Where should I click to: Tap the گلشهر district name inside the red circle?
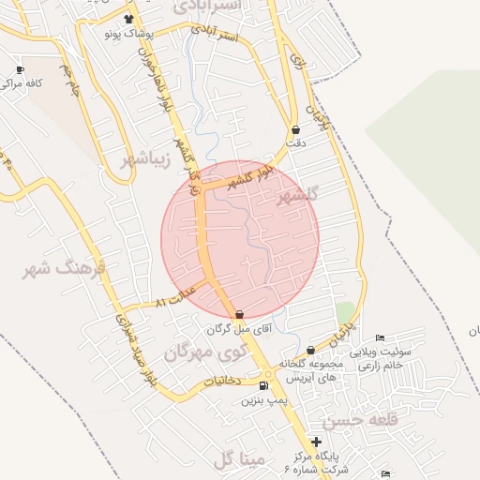tap(298, 195)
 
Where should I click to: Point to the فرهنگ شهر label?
tap(67, 270)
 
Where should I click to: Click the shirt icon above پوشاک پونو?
tap(128, 19)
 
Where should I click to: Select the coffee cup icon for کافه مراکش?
tap(21, 70)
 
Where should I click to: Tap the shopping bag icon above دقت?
tap(296, 130)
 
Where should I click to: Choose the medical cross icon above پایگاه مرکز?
tap(317, 442)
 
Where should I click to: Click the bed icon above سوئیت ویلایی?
tap(380, 338)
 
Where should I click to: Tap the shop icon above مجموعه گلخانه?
tap(310, 351)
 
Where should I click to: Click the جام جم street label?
tap(67, 78)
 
